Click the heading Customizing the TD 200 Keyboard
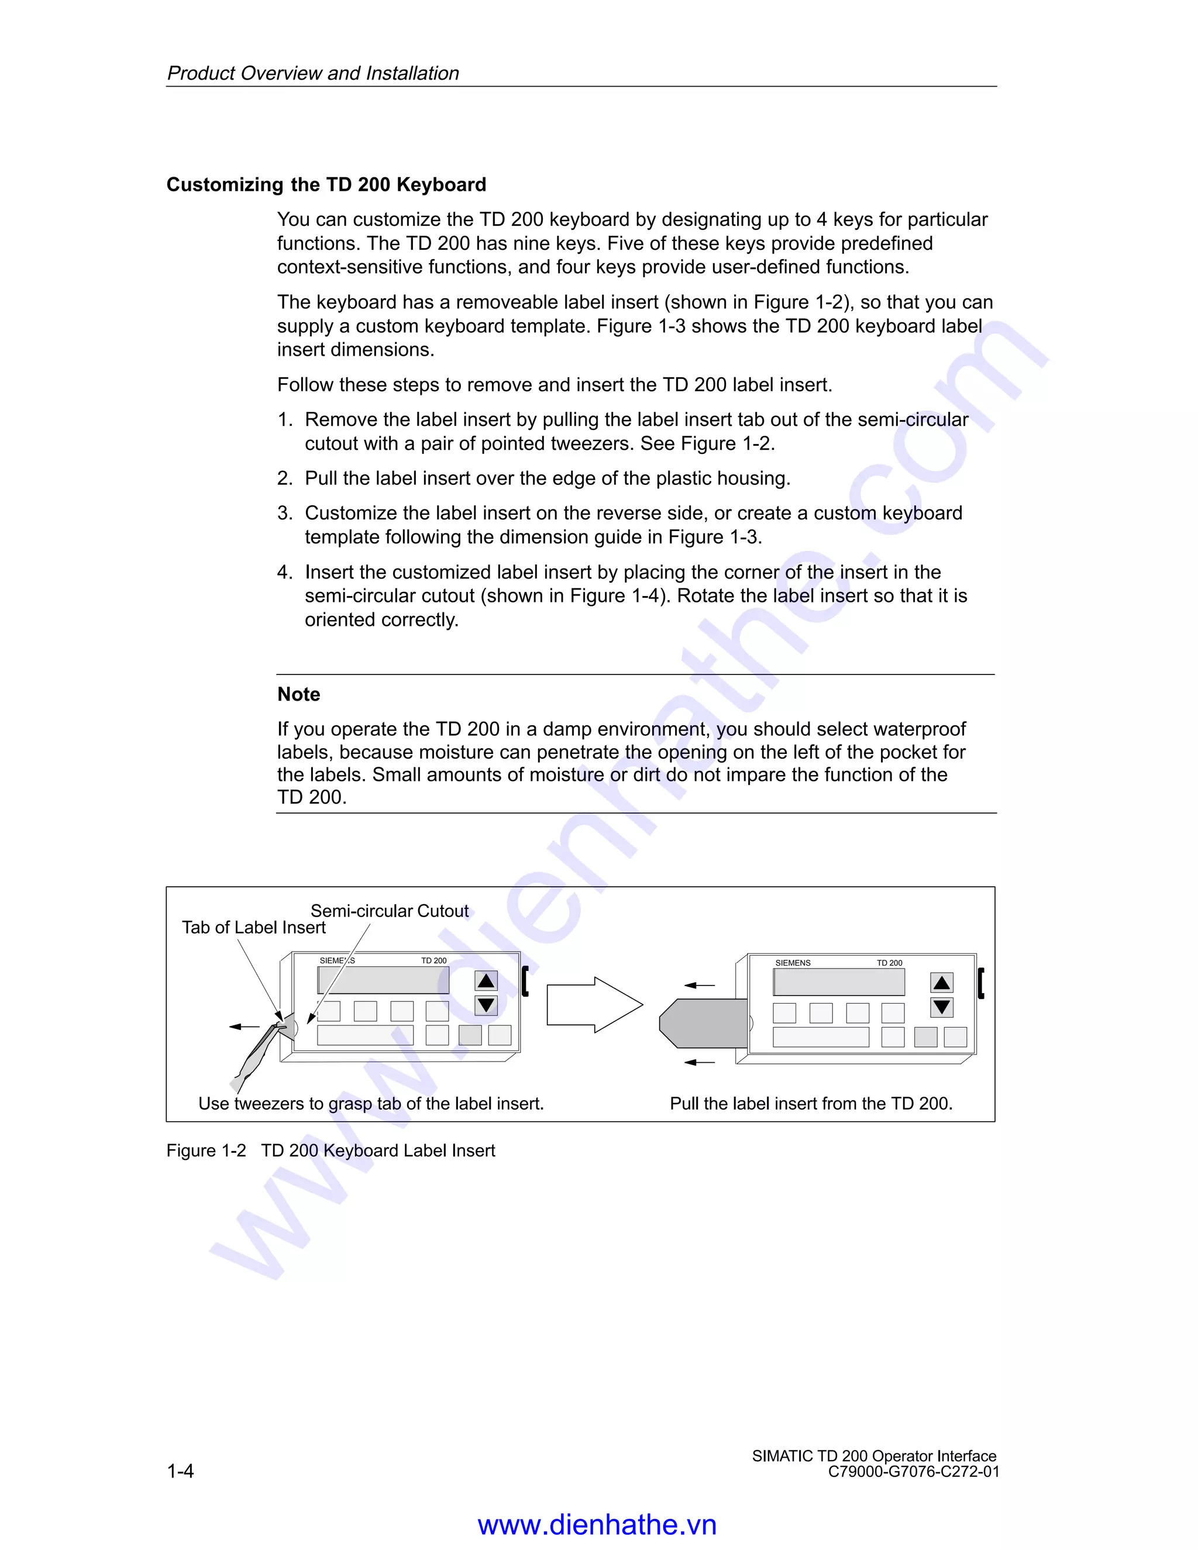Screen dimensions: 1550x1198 click(326, 184)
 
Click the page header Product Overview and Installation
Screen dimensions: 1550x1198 click(312, 73)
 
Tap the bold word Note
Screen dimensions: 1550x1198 click(298, 694)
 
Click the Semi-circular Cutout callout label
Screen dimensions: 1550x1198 click(389, 911)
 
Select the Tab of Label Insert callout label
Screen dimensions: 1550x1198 click(253, 928)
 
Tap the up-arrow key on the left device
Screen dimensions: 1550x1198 click(486, 981)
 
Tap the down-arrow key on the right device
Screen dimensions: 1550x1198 click(941, 1007)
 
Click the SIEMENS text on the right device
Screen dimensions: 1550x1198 click(792, 963)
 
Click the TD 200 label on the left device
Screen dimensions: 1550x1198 click(433, 961)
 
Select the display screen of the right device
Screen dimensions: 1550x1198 click(838, 981)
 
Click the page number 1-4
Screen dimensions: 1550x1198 click(180, 1471)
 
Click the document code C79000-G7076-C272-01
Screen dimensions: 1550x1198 click(913, 1472)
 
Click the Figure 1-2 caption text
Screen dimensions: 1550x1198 click(330, 1151)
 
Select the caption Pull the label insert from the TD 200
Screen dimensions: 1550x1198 click(811, 1104)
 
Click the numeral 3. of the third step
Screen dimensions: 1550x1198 click(285, 513)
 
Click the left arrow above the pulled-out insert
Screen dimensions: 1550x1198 click(699, 985)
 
